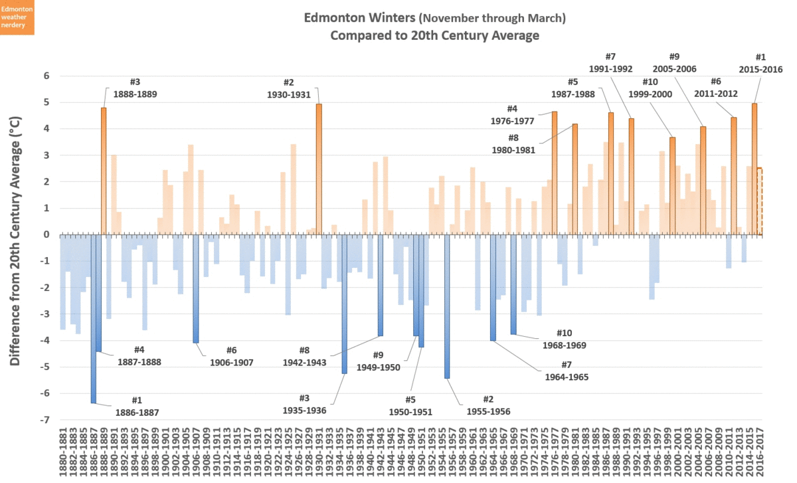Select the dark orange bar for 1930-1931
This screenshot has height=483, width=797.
pos(319,169)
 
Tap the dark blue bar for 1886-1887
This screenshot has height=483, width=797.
pos(94,319)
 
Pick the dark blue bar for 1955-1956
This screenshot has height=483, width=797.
pos(447,306)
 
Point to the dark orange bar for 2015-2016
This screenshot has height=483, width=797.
pos(754,169)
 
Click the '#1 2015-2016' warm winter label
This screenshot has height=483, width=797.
pos(760,63)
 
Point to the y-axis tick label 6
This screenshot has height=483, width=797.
pos(47,76)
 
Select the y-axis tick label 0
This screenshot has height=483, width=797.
pos(47,235)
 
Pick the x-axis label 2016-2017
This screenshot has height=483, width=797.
pos(760,452)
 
